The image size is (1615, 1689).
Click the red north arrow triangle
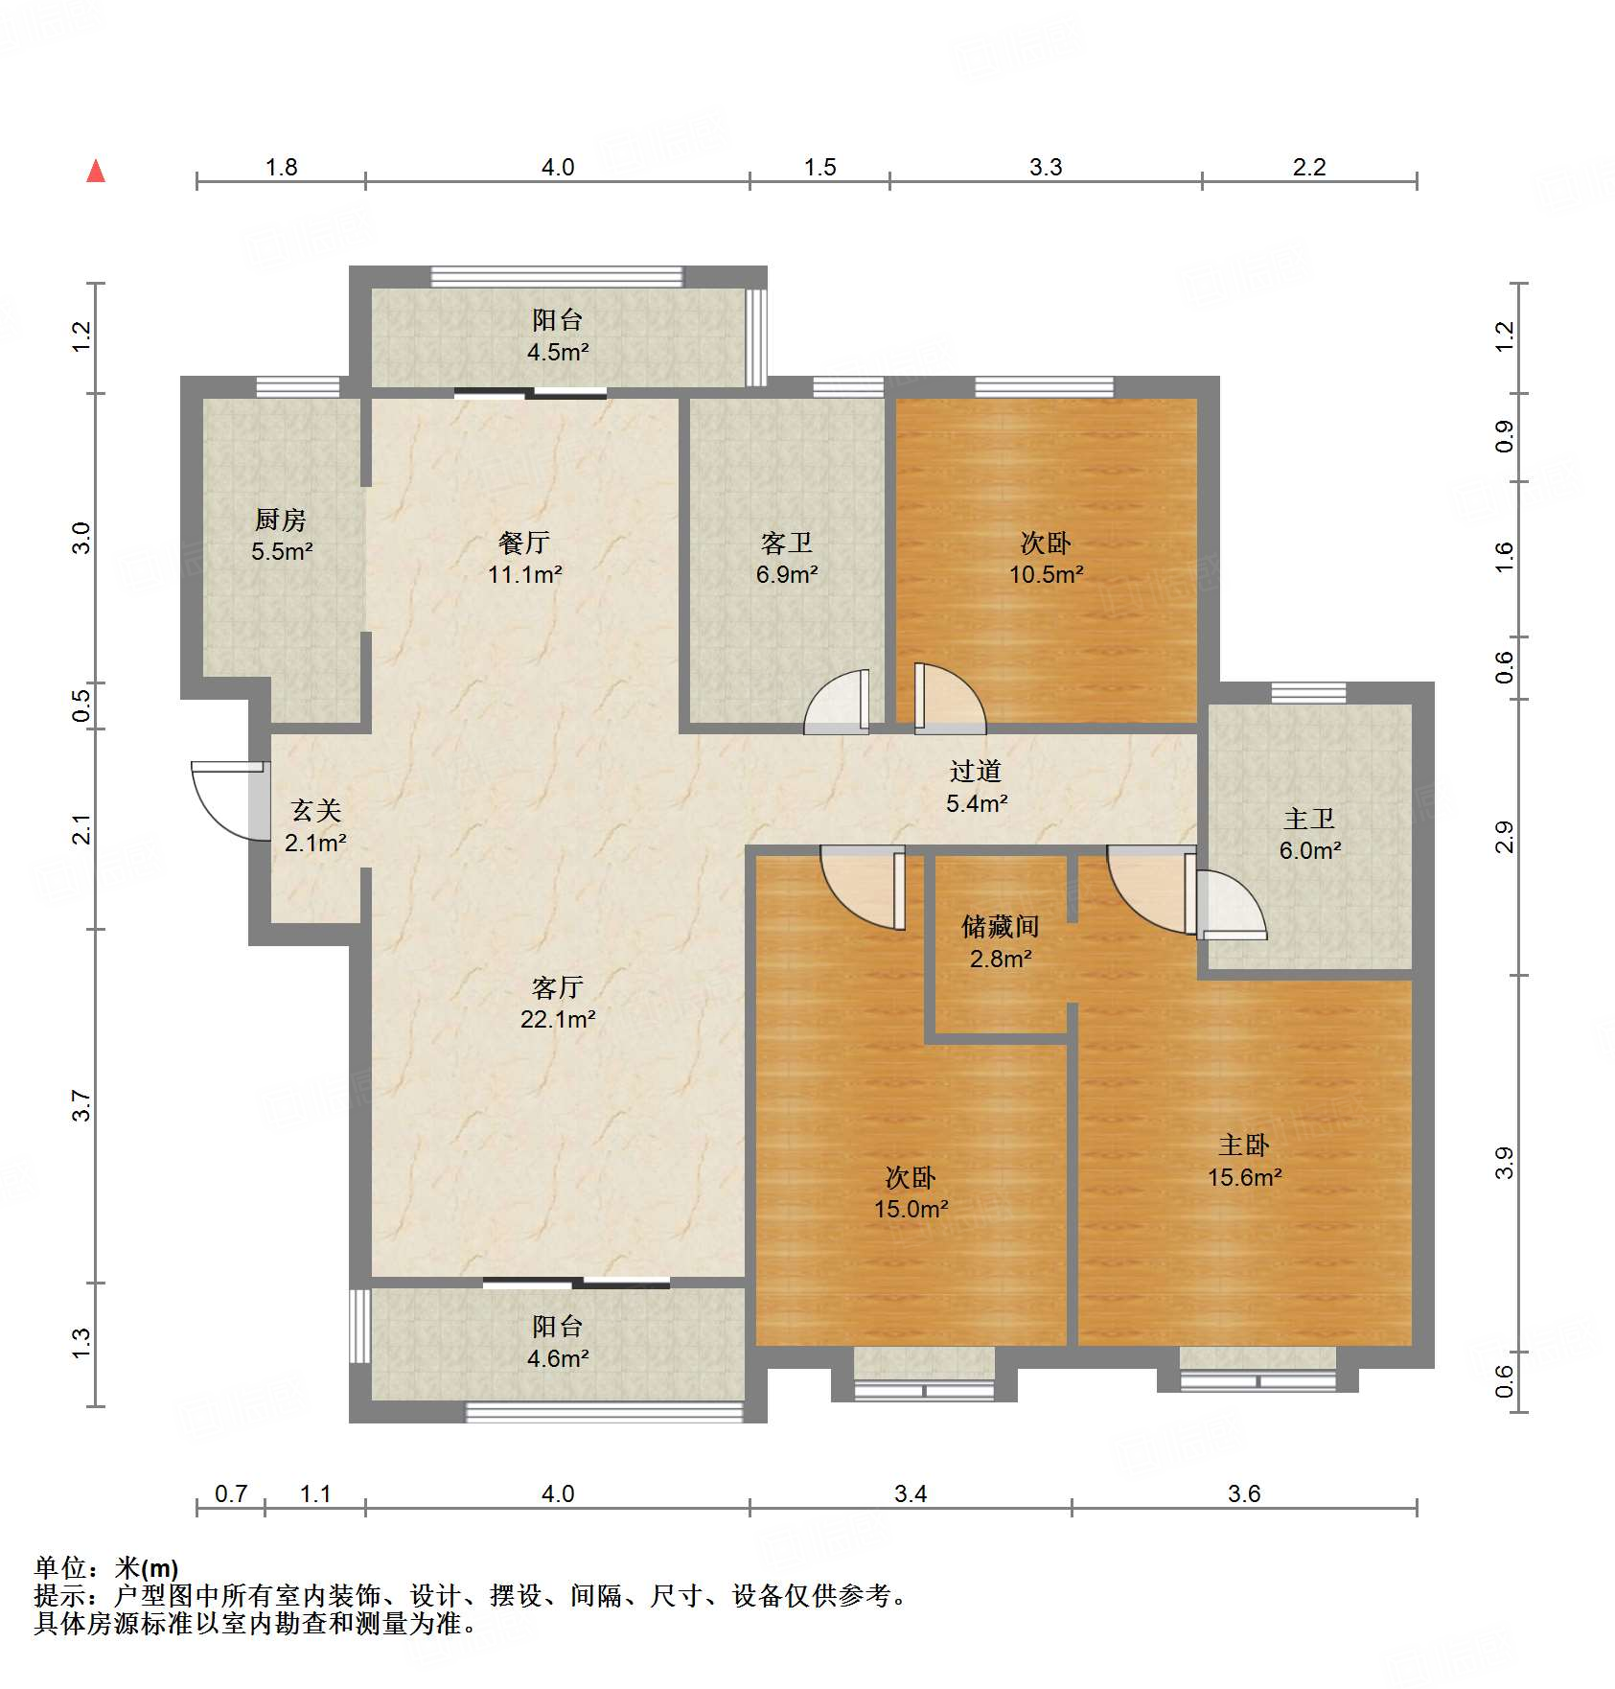[x=96, y=172]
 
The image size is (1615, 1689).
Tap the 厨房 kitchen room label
[x=281, y=521]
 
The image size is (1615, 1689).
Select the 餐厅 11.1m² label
[x=524, y=559]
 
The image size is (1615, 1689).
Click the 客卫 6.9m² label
[x=787, y=559]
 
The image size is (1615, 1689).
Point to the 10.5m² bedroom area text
[x=1046, y=574]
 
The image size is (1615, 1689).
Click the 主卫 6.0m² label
[x=1309, y=834]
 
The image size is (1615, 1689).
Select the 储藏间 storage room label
[x=1001, y=927]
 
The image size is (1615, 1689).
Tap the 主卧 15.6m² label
[x=1244, y=1161]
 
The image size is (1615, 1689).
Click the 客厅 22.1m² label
[x=558, y=1003]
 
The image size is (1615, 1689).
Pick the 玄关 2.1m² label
[x=315, y=826]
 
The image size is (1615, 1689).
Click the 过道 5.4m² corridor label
[x=976, y=787]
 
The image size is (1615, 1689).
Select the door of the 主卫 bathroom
[x=1229, y=906]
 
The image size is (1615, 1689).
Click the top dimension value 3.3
[x=1046, y=168]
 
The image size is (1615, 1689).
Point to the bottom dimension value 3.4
[x=910, y=1493]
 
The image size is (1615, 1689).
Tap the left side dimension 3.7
[x=82, y=1105]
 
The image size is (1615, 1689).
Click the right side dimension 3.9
[x=1504, y=1163]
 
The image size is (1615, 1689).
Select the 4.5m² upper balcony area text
[x=558, y=352]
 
